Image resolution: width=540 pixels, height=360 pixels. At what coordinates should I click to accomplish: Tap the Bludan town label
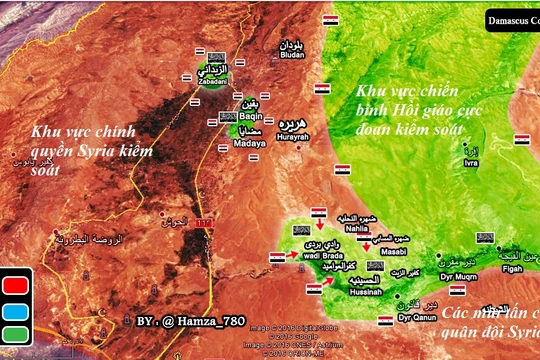tap(286, 56)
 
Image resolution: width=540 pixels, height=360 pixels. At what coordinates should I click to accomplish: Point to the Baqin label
tap(249, 113)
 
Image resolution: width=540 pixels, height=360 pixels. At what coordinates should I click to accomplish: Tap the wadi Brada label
tap(302, 254)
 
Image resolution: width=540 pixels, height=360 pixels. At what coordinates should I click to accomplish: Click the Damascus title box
tap(513, 19)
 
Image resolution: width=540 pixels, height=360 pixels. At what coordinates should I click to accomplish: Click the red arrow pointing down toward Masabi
tap(367, 241)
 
